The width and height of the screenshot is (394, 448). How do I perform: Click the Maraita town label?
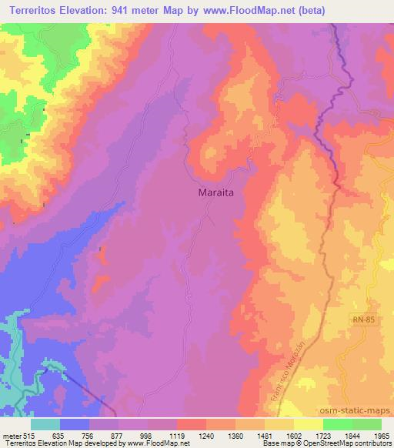point(212,195)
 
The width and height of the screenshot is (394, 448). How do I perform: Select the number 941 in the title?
point(126,11)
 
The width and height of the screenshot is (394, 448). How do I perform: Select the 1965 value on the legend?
point(382,435)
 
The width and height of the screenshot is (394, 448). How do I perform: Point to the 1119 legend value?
point(177,435)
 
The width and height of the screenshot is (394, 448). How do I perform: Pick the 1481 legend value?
point(265,435)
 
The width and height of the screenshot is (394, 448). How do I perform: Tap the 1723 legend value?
point(323,435)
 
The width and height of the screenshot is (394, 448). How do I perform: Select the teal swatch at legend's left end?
point(45,424)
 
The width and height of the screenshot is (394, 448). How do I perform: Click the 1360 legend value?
point(235,435)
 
